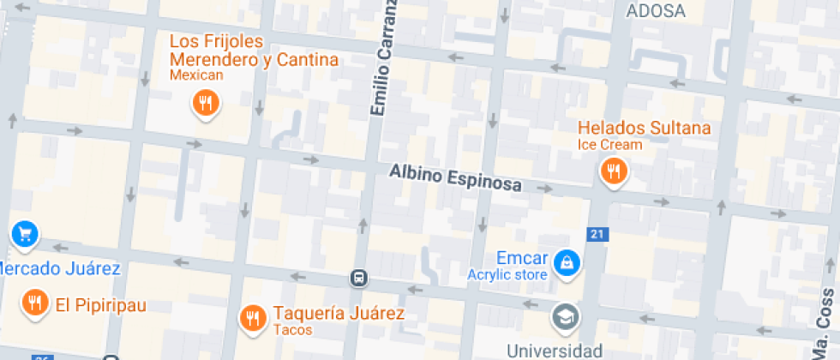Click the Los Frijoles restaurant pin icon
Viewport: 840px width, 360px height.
tap(205, 105)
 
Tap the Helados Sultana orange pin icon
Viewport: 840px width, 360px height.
tap(613, 171)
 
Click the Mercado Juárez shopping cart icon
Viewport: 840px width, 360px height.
tap(23, 232)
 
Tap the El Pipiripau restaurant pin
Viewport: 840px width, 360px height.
tap(34, 303)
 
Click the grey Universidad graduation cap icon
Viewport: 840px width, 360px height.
tap(566, 316)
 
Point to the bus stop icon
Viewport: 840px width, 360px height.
tap(359, 278)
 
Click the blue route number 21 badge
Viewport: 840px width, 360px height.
tap(597, 234)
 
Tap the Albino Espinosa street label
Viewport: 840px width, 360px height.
tap(455, 179)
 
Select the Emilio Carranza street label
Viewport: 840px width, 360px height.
tap(385, 57)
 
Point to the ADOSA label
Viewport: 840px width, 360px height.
tap(657, 11)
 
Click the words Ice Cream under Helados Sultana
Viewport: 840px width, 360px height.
tap(609, 145)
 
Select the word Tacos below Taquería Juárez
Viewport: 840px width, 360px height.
tap(293, 330)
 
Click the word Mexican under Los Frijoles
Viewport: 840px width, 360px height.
tap(196, 75)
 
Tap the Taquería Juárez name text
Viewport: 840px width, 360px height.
tap(339, 313)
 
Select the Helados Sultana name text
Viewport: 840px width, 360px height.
tap(645, 128)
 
